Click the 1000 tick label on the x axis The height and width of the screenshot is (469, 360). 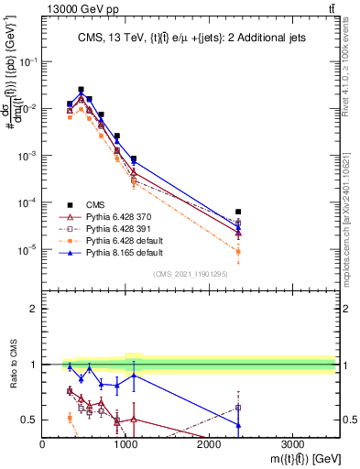(x=125, y=443)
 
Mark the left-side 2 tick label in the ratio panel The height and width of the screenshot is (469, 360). (x=33, y=309)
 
